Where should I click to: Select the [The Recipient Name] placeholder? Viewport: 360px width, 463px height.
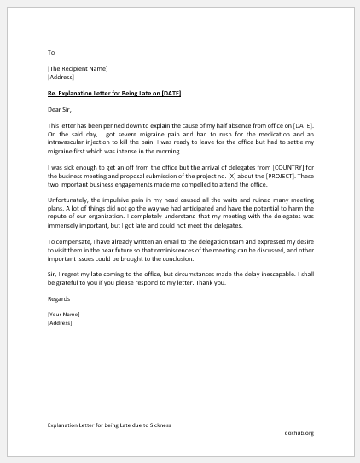pyautogui.click(x=78, y=67)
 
